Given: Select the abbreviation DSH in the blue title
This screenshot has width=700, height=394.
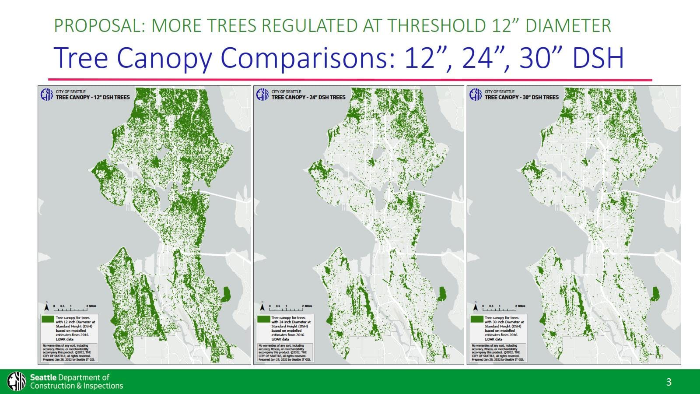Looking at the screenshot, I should click(x=598, y=58).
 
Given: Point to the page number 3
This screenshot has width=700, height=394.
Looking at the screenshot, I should click(x=668, y=382).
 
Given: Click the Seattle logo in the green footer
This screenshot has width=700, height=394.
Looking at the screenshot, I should click(x=17, y=381).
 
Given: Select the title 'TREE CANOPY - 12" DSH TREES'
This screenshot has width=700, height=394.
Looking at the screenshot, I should click(x=93, y=97).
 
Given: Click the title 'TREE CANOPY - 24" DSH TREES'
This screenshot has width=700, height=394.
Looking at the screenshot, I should click(x=308, y=97).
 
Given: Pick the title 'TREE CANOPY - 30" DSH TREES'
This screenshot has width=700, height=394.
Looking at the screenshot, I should click(x=521, y=97).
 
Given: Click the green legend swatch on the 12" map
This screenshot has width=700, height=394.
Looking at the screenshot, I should click(x=48, y=319).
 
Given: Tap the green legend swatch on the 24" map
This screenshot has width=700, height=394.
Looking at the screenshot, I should click(x=264, y=319).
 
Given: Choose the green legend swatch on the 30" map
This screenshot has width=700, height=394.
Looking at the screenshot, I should click(x=477, y=319).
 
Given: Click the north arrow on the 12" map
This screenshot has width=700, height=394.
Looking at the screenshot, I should click(x=47, y=306).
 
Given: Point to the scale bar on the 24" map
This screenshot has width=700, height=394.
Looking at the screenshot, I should click(x=291, y=307).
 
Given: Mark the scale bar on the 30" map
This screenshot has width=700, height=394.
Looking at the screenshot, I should click(x=504, y=307).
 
